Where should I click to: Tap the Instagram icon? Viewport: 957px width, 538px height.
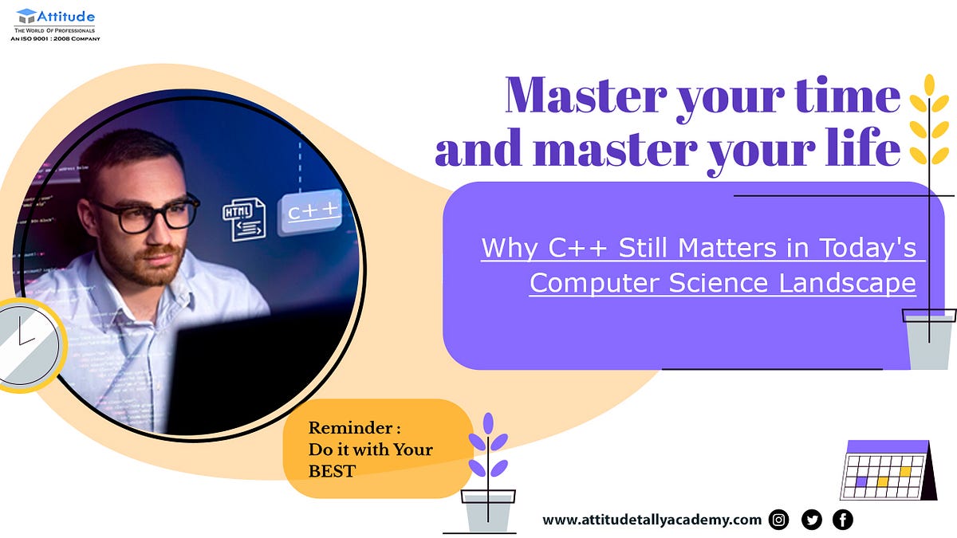click(779, 520)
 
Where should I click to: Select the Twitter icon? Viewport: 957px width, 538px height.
click(811, 520)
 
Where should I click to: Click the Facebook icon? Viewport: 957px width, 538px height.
click(842, 520)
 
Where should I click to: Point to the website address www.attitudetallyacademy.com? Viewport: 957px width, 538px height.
click(652, 520)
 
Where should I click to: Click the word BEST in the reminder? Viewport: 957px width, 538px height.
click(332, 471)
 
